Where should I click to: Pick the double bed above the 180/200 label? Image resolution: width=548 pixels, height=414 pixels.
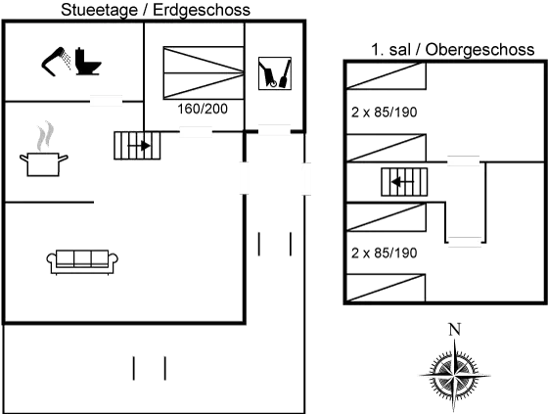point(202,70)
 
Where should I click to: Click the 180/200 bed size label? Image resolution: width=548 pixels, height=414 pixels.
point(204,110)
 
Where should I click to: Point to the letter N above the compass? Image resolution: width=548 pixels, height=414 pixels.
point(452,329)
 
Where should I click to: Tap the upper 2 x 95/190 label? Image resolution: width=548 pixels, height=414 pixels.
point(384,114)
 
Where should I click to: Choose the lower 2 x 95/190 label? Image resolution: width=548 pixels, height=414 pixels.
point(384,252)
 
